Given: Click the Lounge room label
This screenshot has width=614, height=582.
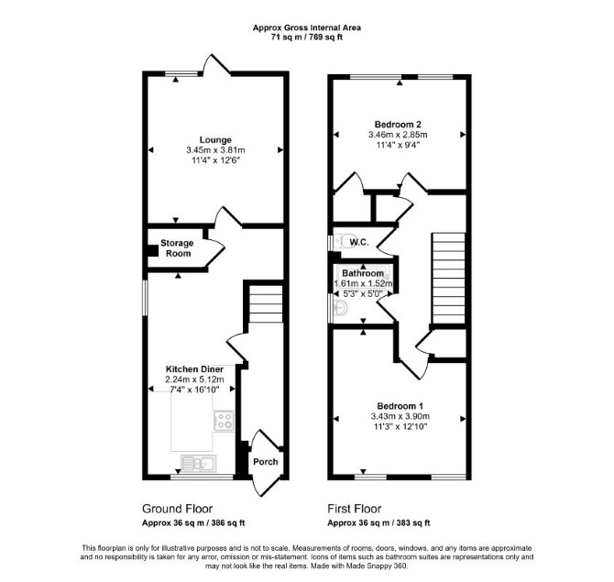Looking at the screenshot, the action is (x=215, y=140).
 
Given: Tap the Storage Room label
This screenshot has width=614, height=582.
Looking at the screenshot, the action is (x=177, y=247).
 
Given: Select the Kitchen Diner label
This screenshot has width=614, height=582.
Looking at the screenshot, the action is (x=194, y=369).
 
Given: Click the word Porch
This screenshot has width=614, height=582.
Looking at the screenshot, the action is (x=266, y=462).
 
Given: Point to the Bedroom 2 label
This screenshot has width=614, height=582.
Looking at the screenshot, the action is (x=398, y=125).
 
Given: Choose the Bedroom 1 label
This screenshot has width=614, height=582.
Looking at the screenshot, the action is (x=400, y=406).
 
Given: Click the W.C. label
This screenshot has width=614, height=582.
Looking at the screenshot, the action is (x=359, y=242).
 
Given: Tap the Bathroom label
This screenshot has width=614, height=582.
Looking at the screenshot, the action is (x=363, y=272).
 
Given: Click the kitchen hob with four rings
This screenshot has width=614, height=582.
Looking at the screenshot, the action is (x=225, y=421).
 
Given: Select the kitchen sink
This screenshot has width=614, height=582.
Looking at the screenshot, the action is (x=199, y=464).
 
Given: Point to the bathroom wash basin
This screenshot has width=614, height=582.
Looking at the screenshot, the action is (x=340, y=308).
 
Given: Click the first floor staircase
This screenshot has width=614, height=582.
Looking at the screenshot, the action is (x=448, y=279).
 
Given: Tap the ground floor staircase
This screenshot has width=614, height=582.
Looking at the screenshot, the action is (x=266, y=304).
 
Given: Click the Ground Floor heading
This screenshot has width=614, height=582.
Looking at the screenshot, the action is (x=178, y=509).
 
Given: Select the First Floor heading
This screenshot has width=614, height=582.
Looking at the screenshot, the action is (x=355, y=509).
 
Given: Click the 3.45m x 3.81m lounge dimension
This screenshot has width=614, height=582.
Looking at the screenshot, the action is (x=215, y=150).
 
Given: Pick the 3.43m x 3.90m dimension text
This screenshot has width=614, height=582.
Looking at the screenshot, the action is (x=400, y=416).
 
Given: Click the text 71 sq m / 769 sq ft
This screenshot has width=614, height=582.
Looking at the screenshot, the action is (x=307, y=38).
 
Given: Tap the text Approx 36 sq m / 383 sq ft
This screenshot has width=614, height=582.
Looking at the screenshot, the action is (x=378, y=522).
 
